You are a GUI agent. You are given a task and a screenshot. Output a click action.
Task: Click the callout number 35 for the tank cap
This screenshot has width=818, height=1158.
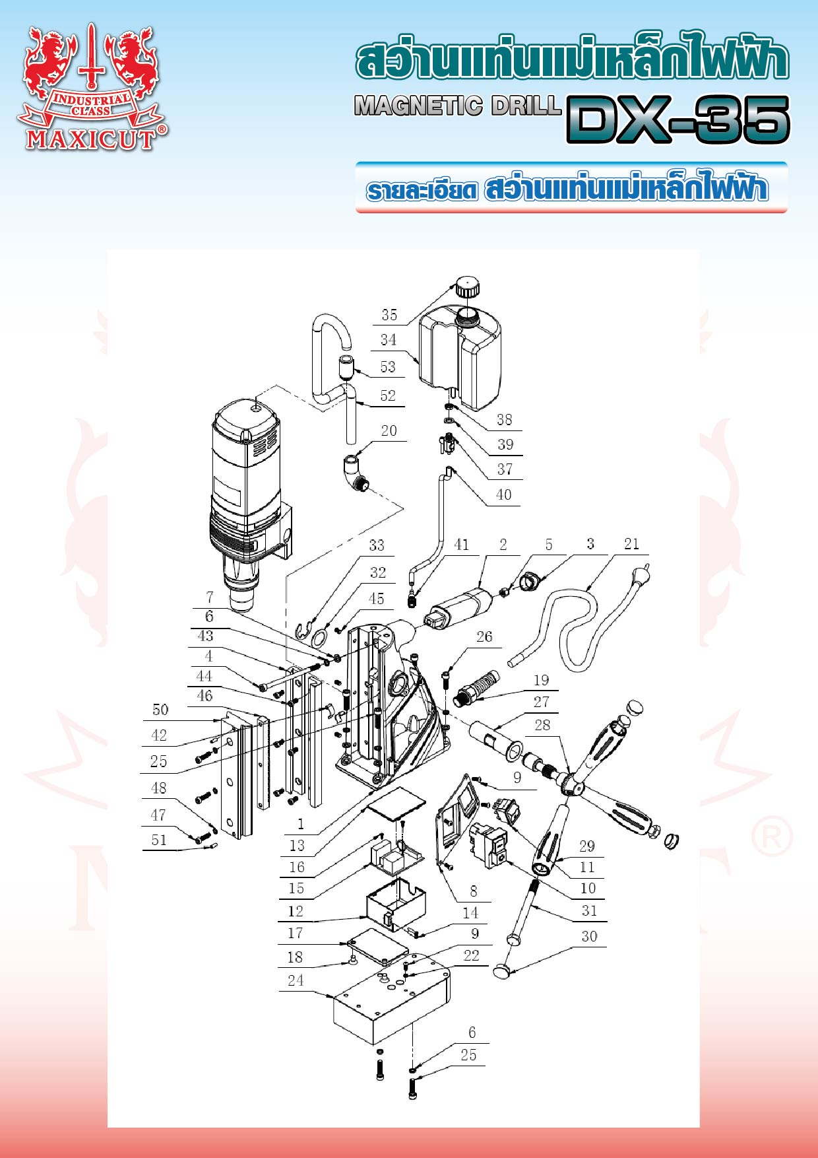point(389,315)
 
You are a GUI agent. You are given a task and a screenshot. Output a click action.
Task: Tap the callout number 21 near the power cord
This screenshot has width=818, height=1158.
point(631,543)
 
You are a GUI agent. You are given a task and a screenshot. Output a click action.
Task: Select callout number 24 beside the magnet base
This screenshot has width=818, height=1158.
point(296,980)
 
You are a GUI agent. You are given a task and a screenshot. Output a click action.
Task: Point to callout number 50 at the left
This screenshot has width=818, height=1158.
point(160,710)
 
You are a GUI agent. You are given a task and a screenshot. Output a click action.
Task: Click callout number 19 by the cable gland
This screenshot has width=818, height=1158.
point(541,680)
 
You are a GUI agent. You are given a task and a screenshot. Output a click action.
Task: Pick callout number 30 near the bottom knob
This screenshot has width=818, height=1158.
point(589,936)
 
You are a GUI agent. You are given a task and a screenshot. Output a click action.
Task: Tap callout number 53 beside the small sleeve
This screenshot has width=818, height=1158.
point(388,366)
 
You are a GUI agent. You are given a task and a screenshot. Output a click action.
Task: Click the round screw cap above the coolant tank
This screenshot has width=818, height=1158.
point(466,288)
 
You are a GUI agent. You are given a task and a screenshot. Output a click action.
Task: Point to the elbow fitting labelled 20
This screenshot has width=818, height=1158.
point(356,474)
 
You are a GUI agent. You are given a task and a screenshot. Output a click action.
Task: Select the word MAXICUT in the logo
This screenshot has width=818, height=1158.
point(90,139)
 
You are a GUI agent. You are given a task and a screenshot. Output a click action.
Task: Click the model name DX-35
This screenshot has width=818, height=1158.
point(677,119)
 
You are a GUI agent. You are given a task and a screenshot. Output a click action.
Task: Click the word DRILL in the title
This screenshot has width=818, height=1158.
point(525,106)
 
